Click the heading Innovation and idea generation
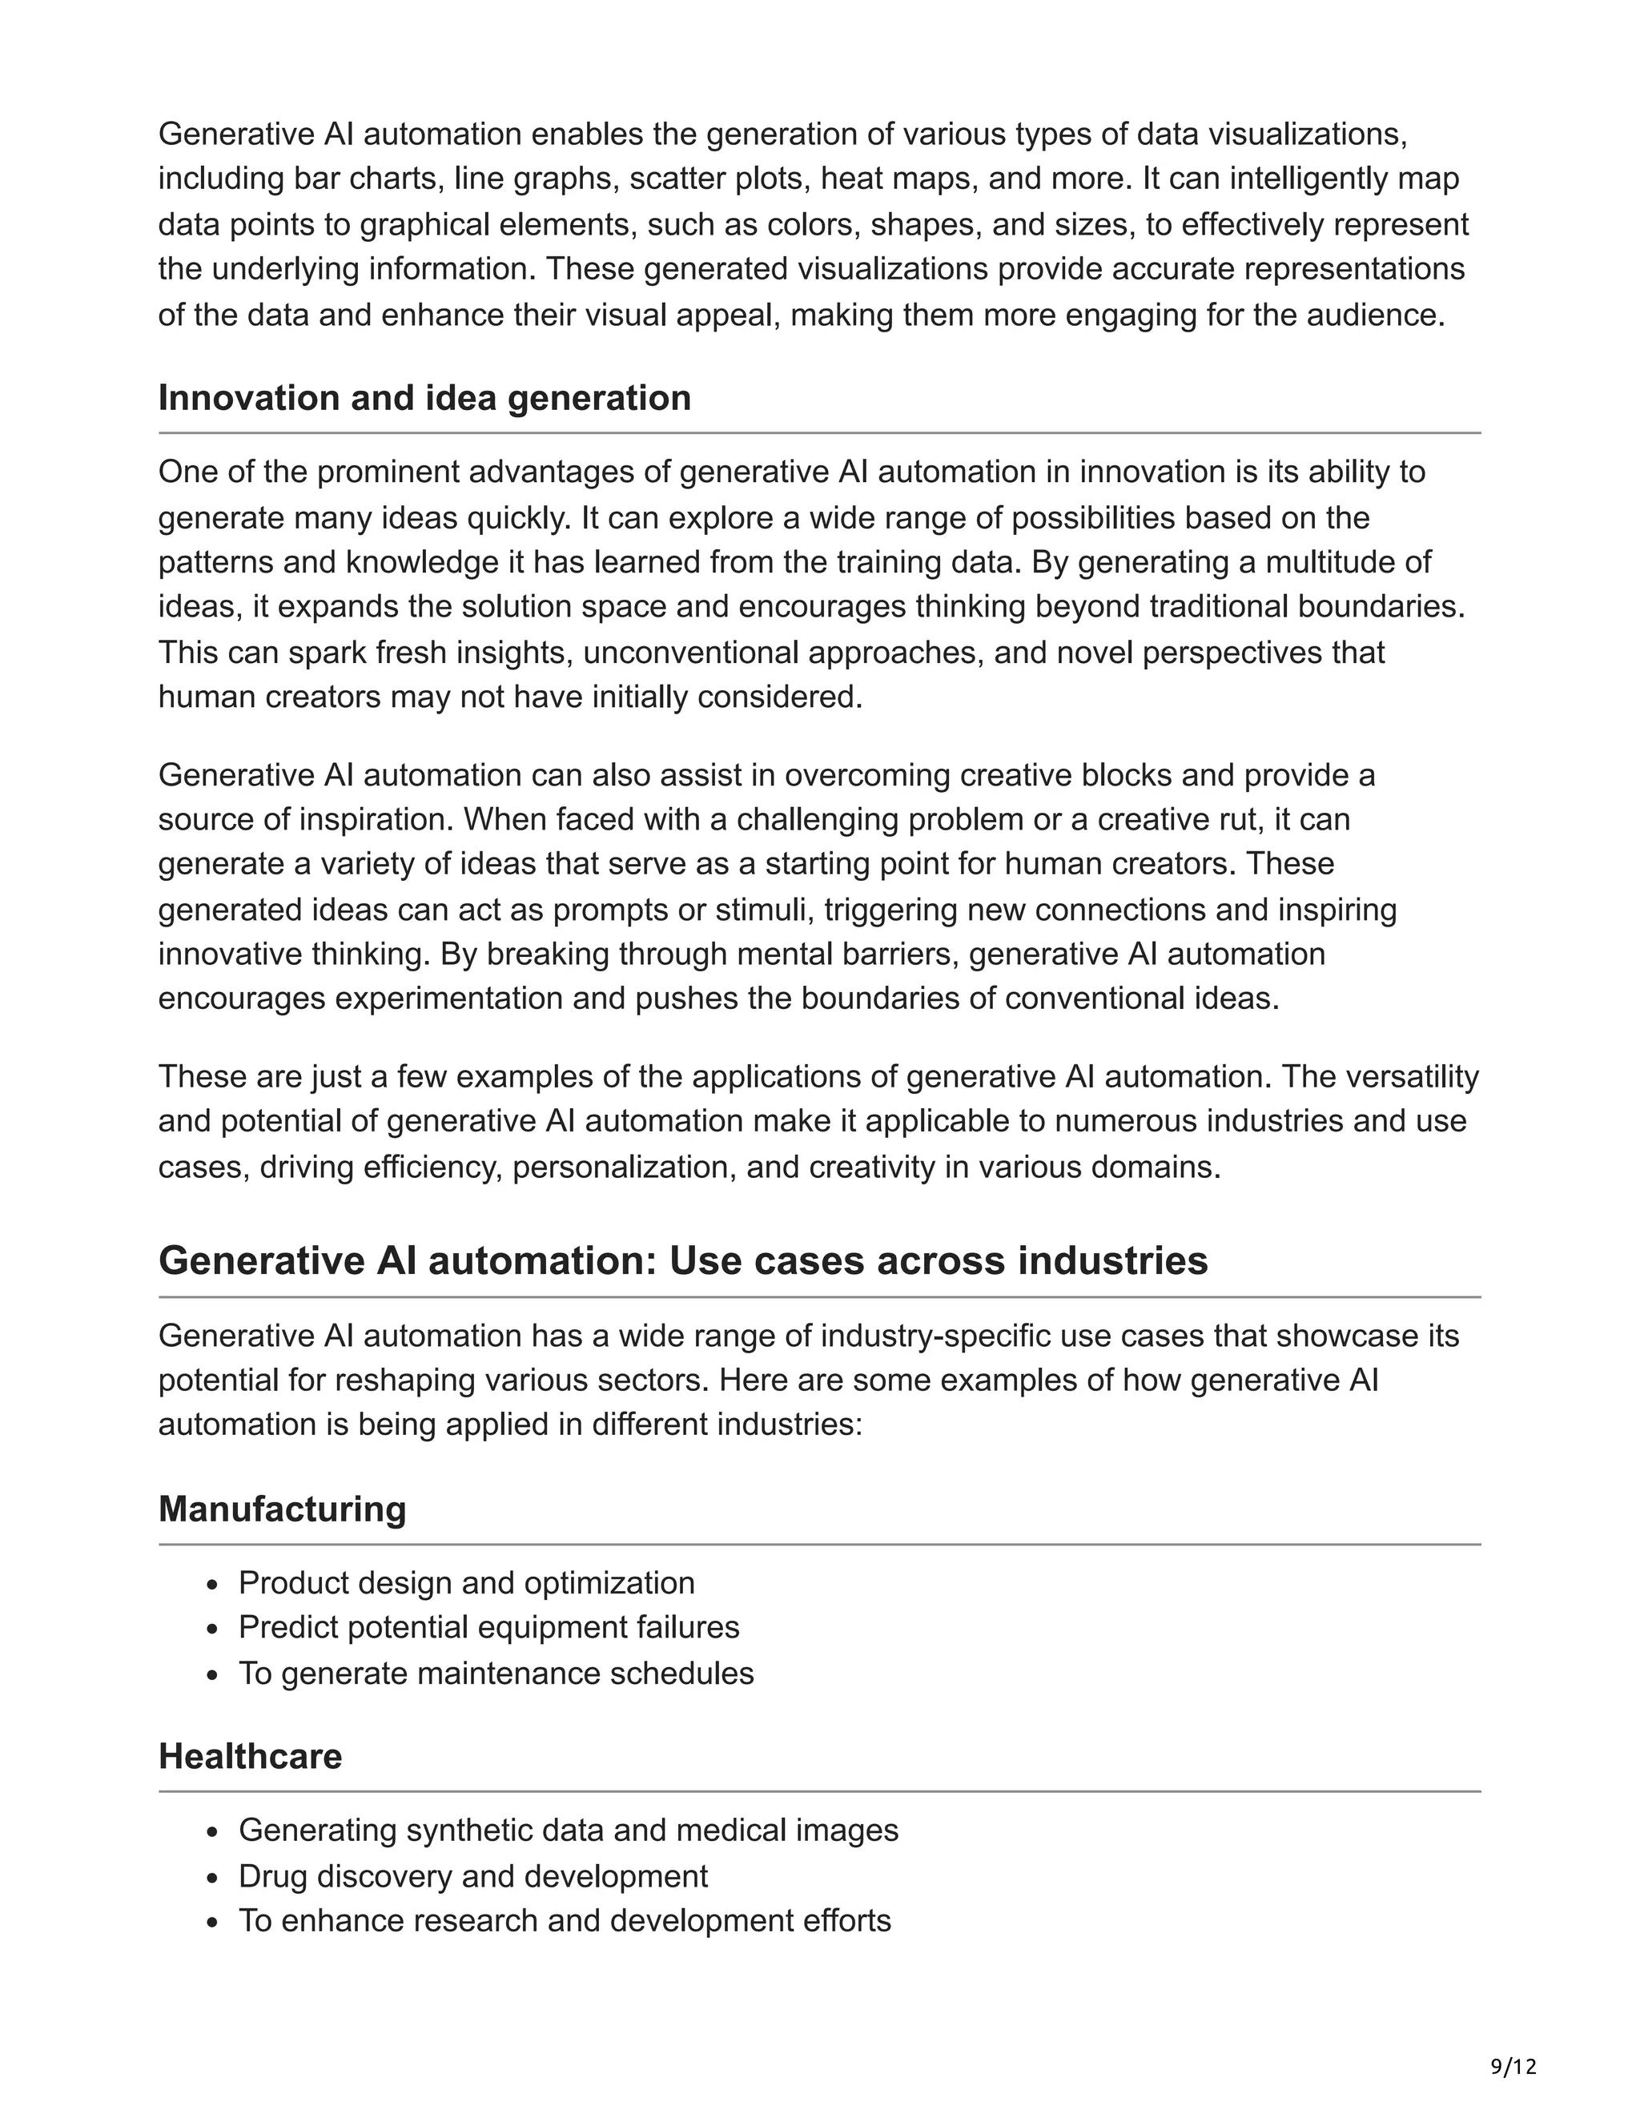click(x=424, y=398)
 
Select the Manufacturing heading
click(x=282, y=1509)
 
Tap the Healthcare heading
click(x=250, y=1757)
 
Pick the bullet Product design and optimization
click(x=466, y=1583)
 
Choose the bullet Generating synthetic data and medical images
click(x=569, y=1831)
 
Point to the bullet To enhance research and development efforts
click(x=565, y=1921)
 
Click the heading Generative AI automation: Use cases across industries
click(x=683, y=1261)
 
